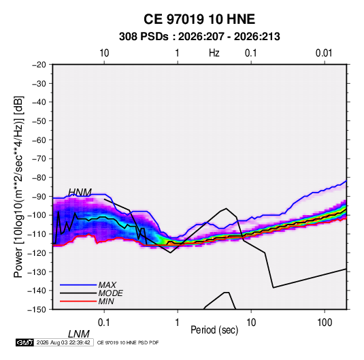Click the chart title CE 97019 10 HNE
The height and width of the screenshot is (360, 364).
pyautogui.click(x=199, y=19)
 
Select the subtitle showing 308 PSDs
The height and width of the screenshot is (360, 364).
pyautogui.click(x=199, y=37)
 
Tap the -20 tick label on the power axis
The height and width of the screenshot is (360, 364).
pyautogui.click(x=39, y=65)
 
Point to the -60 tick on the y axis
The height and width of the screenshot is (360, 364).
pyautogui.click(x=39, y=140)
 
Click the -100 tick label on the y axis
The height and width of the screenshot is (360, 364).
pyautogui.click(x=37, y=215)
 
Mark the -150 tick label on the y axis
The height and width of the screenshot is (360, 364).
pyautogui.click(x=37, y=310)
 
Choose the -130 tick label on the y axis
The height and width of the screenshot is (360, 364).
pyautogui.click(x=37, y=272)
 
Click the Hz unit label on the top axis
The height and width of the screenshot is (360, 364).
pyautogui.click(x=214, y=53)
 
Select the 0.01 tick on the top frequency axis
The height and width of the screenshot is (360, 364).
pyautogui.click(x=324, y=53)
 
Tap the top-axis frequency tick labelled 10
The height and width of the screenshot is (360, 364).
pyautogui.click(x=104, y=53)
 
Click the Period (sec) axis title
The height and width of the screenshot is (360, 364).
pyautogui.click(x=214, y=330)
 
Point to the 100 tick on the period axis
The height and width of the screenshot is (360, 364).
pyautogui.click(x=325, y=322)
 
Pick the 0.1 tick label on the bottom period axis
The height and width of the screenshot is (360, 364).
pyautogui.click(x=103, y=322)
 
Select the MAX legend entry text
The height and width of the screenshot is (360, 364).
pyautogui.click(x=107, y=285)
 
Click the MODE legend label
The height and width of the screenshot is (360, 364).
pyautogui.click(x=110, y=293)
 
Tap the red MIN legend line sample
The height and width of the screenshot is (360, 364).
pyautogui.click(x=78, y=301)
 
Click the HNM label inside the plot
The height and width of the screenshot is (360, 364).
pyautogui.click(x=80, y=193)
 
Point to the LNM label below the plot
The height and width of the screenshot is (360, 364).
pyautogui.click(x=79, y=334)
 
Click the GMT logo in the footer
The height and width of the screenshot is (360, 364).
pyautogui.click(x=24, y=342)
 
